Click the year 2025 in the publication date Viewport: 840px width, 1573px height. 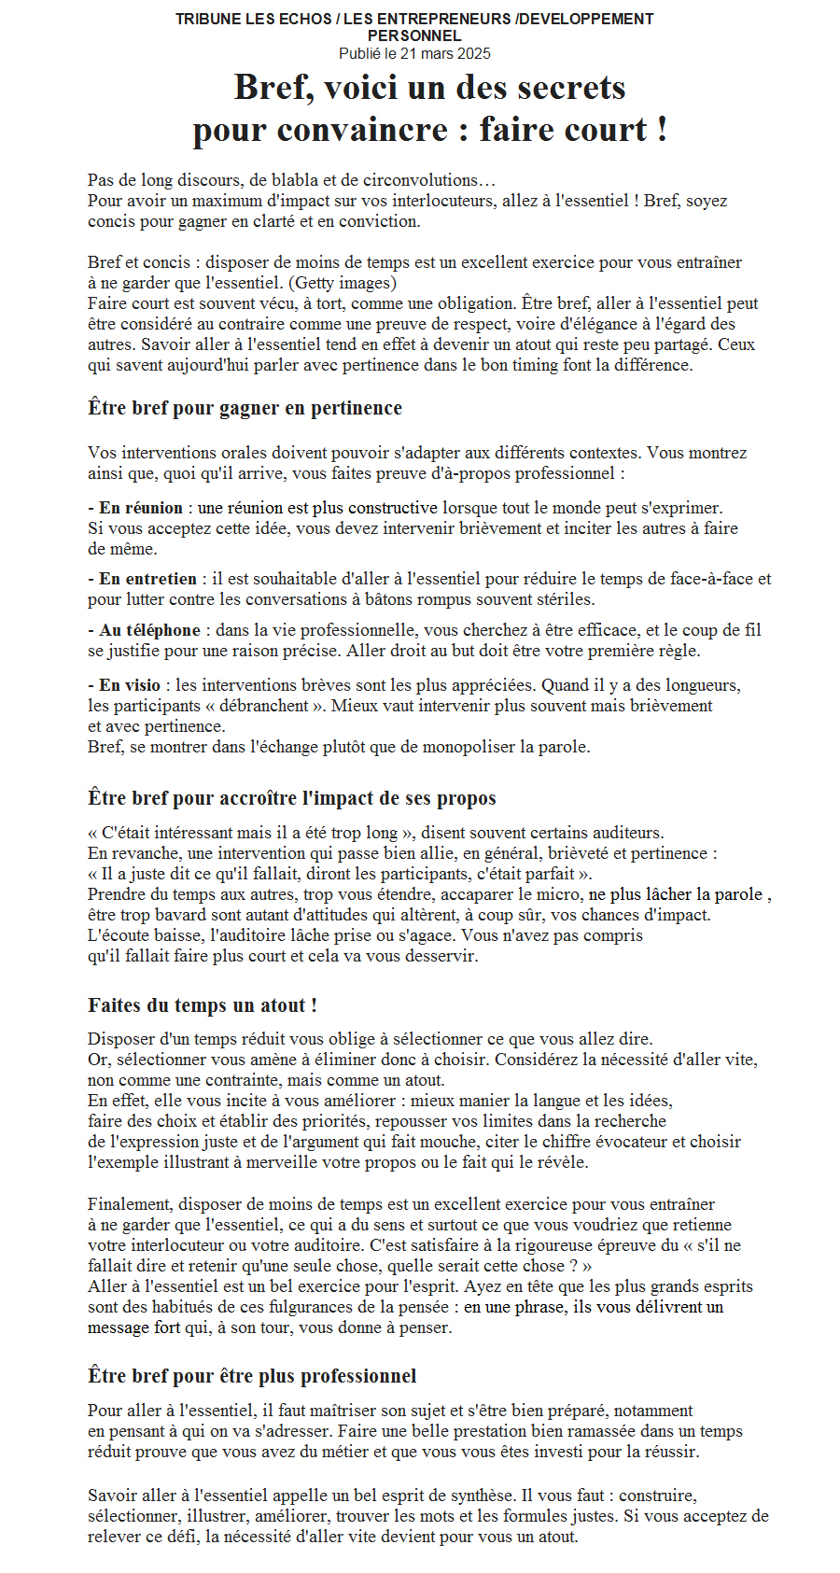coord(473,54)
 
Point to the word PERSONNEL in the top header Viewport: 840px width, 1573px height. coord(414,36)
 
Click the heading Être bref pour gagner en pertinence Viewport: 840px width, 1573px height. coord(245,408)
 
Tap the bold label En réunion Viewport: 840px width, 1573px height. coord(140,508)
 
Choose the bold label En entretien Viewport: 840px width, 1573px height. coord(147,579)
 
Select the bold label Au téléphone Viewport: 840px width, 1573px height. coord(149,630)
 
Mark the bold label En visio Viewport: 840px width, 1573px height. coord(130,685)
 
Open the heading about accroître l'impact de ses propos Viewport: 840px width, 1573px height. coord(291,798)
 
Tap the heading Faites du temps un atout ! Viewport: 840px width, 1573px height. coord(203,1005)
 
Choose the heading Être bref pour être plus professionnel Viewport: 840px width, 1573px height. coord(252,1376)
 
